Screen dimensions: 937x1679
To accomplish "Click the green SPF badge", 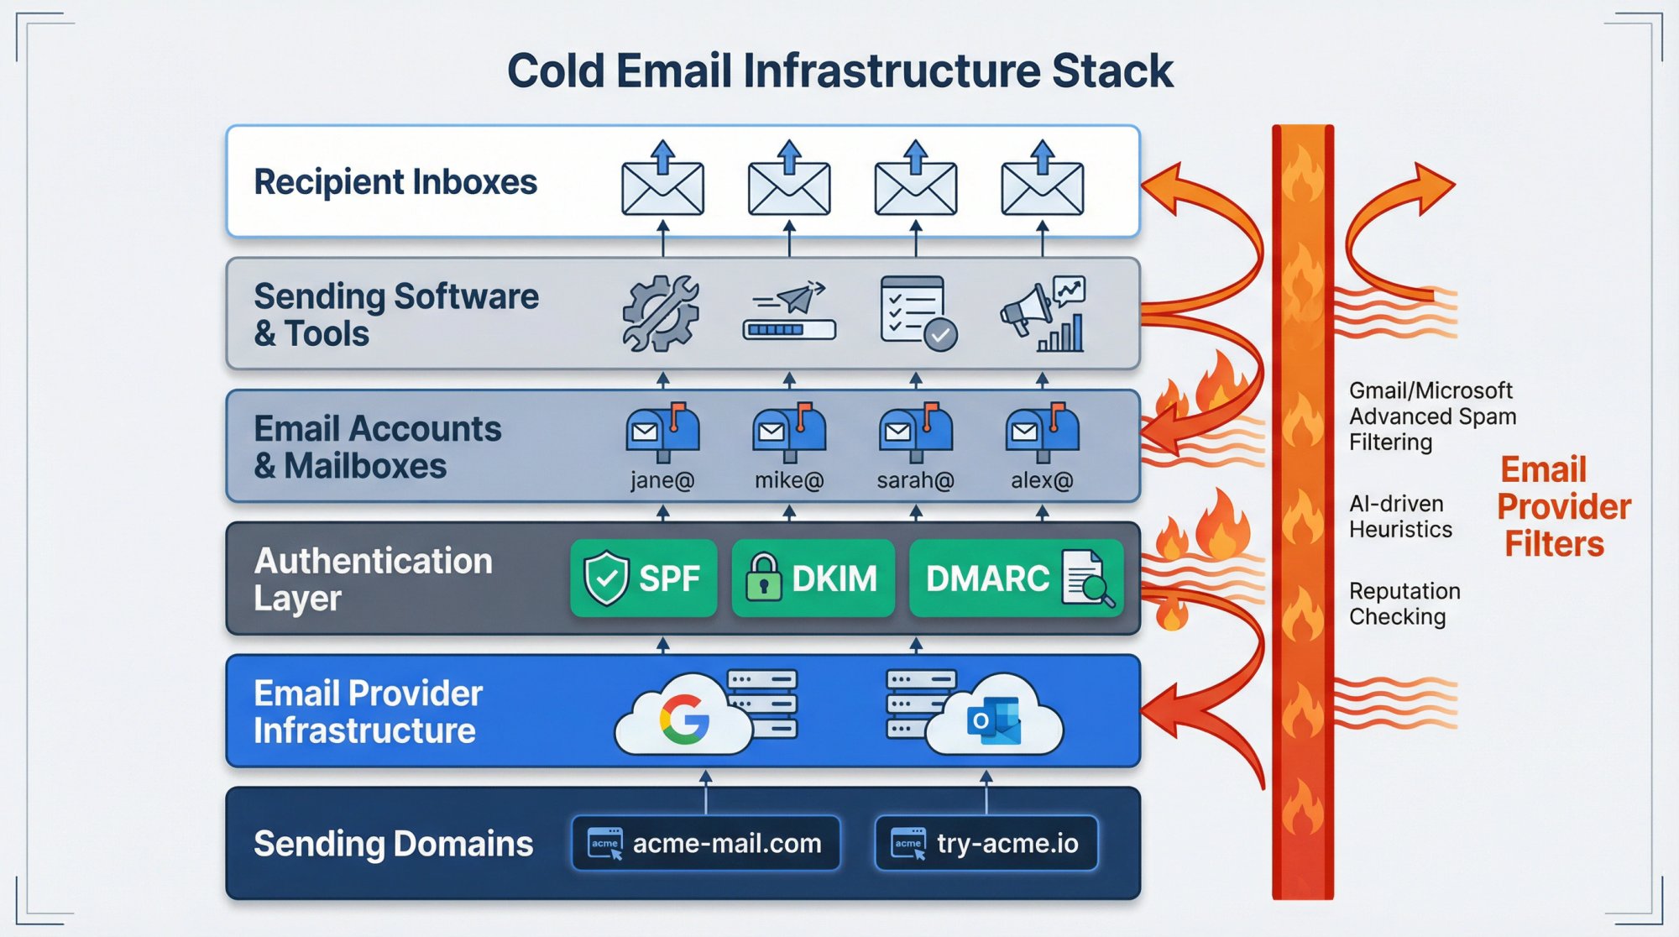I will coord(644,578).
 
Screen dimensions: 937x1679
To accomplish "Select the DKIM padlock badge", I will coord(813,578).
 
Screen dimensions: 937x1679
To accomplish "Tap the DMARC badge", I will coord(1016,578).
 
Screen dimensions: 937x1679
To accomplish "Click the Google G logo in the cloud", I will coord(684,720).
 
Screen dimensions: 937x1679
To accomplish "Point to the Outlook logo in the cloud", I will coord(994,720).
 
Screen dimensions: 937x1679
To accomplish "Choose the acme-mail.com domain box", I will coord(706,843).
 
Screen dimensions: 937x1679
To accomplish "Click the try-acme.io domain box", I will coord(986,843).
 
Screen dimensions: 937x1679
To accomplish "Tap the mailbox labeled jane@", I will coord(662,432).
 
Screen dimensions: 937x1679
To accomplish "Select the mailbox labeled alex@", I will coord(1042,432).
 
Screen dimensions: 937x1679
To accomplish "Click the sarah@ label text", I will coord(915,480).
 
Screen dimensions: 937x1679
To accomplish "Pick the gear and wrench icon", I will coord(661,313).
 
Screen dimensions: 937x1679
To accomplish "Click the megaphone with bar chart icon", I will coord(1043,313).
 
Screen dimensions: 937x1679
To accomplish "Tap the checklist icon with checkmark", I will coord(918,313).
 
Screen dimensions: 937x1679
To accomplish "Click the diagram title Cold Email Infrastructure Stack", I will coord(839,71).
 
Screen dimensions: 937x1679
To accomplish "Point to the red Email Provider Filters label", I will coord(1562,506).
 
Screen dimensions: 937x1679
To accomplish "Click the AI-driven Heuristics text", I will coord(1400,516).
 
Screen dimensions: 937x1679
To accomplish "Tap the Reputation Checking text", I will coord(1404,604).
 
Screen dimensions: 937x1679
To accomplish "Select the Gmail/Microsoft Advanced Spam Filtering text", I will coord(1431,416).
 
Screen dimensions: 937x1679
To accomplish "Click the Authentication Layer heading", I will coord(373,578).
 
